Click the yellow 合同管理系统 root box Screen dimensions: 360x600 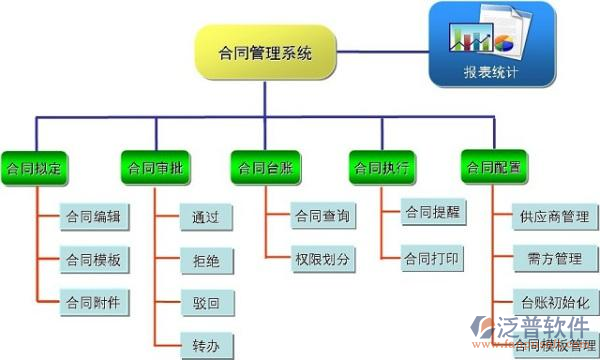(265, 53)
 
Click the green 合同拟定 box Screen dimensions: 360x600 (34, 167)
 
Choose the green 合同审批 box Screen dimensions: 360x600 (155, 167)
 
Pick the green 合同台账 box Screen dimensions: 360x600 (265, 167)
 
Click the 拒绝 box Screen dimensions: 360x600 (206, 260)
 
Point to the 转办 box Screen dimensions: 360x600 (206, 345)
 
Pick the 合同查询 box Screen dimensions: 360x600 (322, 216)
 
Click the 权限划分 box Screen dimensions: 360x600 (322, 259)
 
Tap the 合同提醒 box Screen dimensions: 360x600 (432, 213)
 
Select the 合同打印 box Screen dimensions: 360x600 (432, 259)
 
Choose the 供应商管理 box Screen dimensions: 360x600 (554, 216)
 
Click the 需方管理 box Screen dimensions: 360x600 (554, 259)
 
